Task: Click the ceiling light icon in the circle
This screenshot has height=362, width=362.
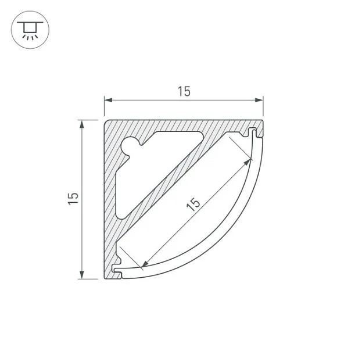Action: point(30,30)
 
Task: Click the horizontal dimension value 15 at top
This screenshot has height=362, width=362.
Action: point(184,91)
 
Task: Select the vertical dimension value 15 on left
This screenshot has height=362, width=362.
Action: point(73,198)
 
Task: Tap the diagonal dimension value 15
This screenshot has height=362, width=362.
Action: point(193,204)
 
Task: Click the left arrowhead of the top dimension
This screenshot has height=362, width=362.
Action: point(108,100)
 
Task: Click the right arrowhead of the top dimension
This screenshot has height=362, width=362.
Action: point(259,100)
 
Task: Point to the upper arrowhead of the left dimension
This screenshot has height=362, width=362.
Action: point(81,124)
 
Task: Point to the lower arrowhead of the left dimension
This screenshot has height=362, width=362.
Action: point(81,275)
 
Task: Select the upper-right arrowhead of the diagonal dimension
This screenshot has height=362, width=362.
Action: point(248,162)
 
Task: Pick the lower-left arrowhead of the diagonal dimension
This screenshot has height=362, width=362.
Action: point(145,264)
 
